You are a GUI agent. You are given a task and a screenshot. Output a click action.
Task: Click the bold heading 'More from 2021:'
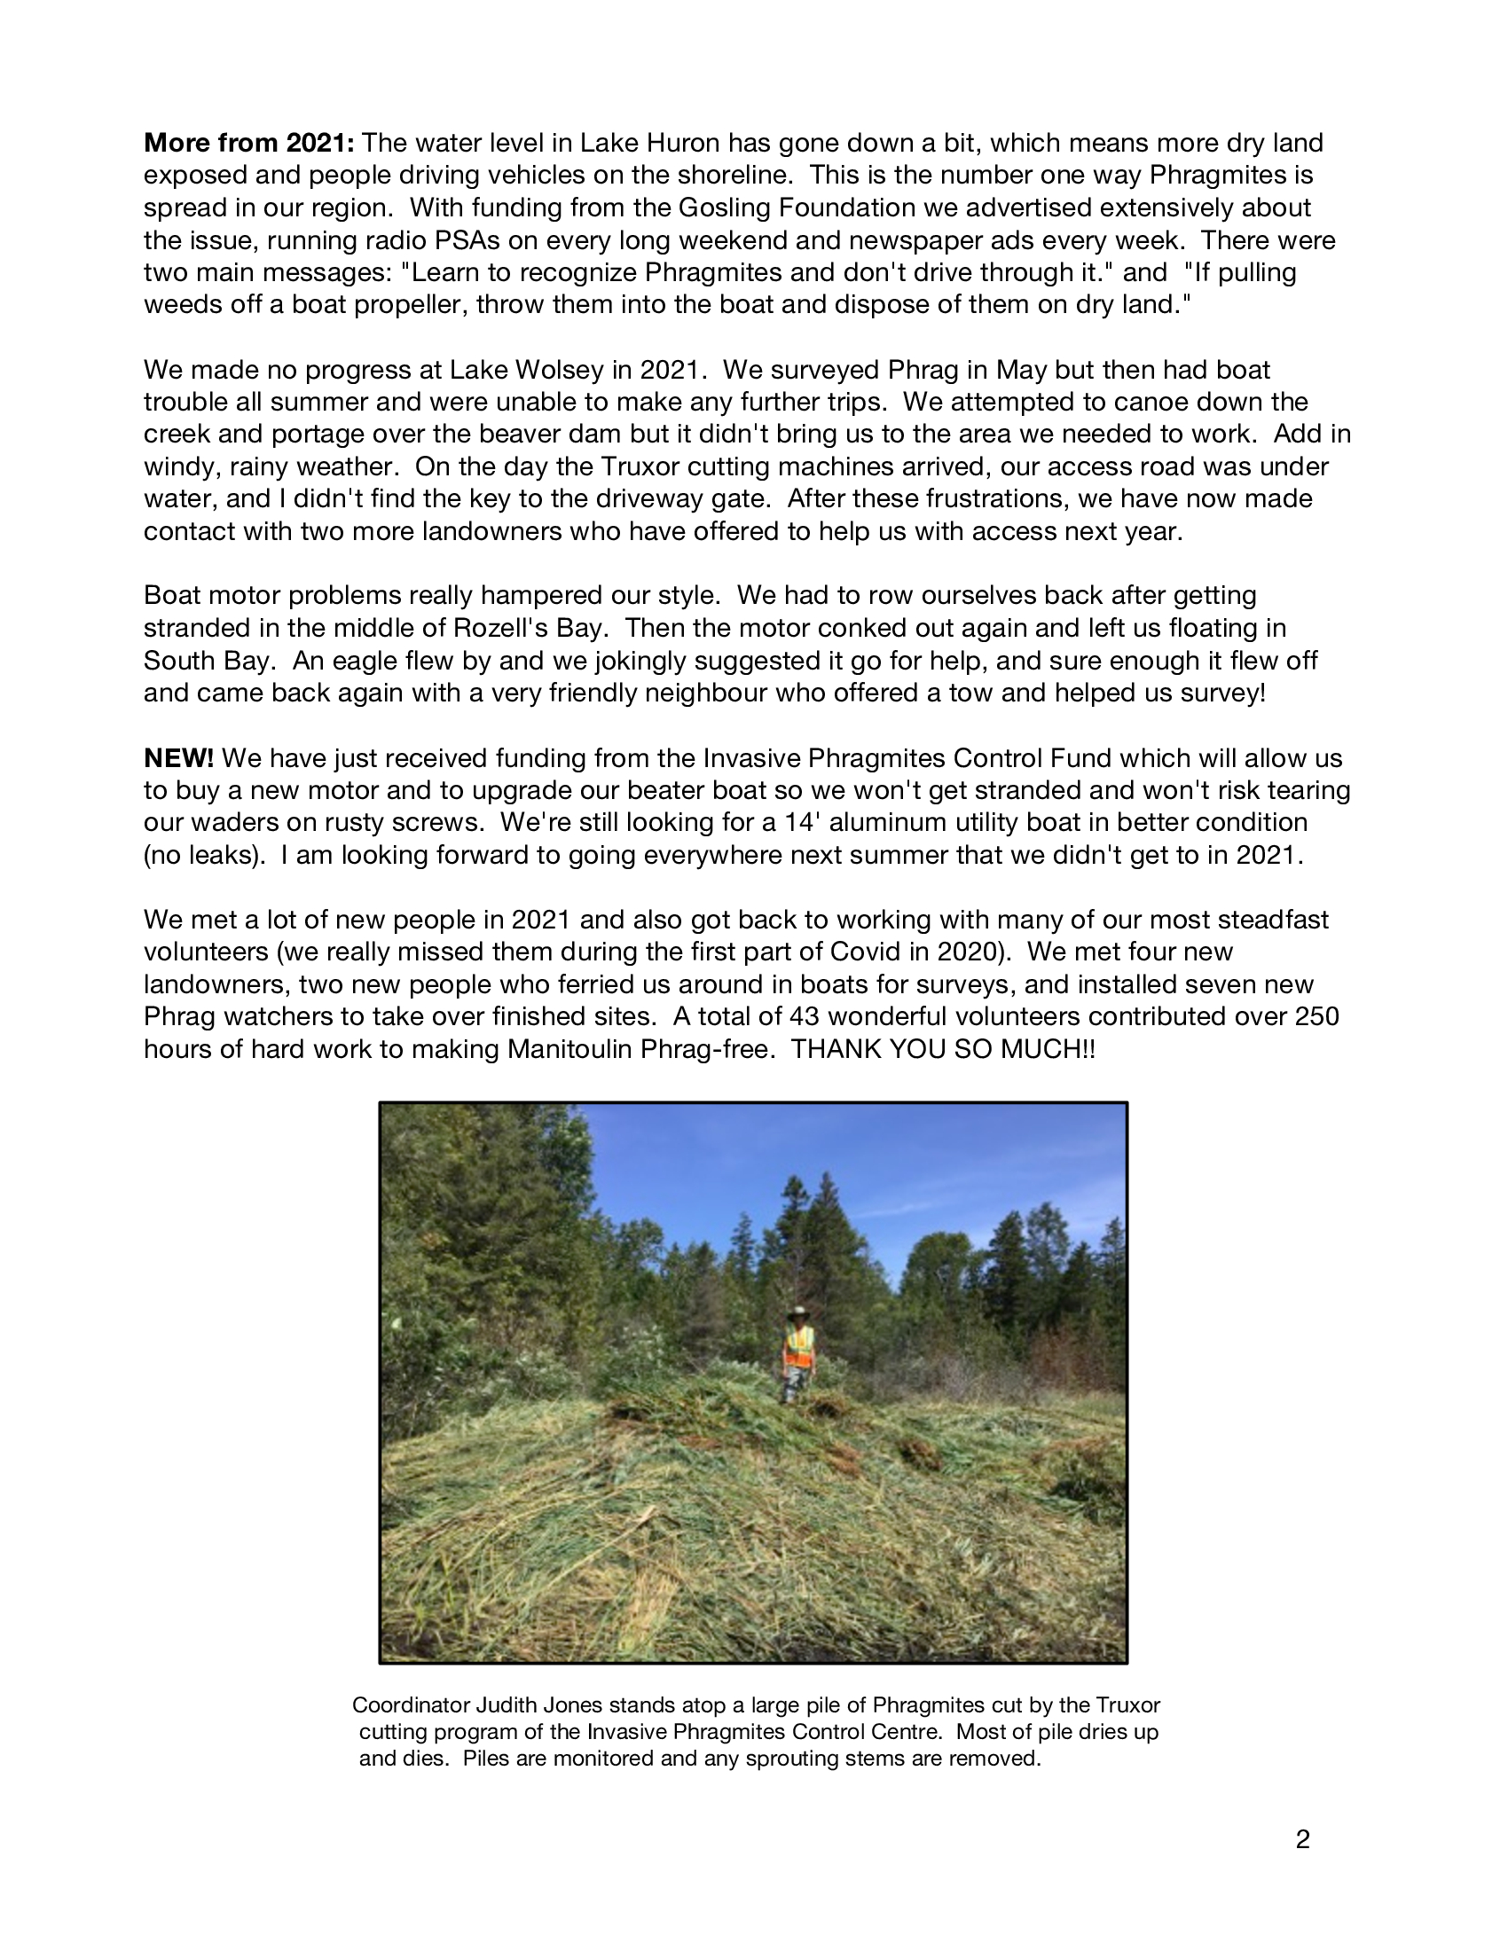pos(250,143)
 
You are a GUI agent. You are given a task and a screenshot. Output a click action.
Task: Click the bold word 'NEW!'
pos(178,758)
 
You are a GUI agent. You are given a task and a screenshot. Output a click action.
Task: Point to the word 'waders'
pos(237,823)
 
